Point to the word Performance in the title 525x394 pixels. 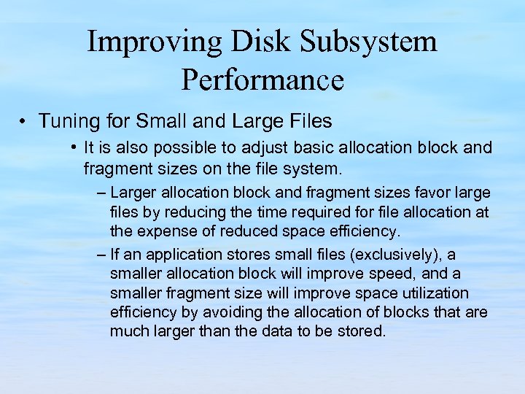pos(262,80)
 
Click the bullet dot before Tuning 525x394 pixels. pos(23,120)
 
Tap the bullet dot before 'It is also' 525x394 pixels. pos(75,148)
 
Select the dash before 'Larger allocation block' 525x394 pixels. pos(100,193)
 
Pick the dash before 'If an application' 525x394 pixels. pos(100,255)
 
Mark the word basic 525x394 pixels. pos(284,148)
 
